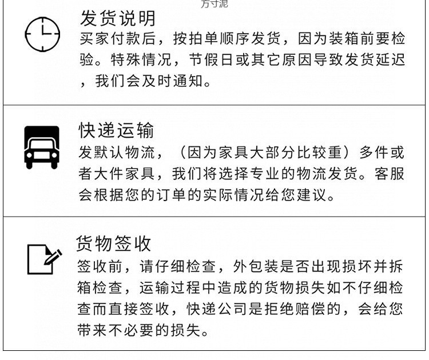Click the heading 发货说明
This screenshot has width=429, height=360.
point(117,19)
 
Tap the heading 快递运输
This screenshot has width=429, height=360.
point(116,130)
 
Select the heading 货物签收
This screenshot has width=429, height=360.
point(114,243)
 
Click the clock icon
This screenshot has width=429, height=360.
point(42,34)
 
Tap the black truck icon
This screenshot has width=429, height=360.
point(42,147)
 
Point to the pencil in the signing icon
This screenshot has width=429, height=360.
point(54,255)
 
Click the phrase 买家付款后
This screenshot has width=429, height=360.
point(117,39)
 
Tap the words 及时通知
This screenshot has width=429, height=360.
point(172,81)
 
